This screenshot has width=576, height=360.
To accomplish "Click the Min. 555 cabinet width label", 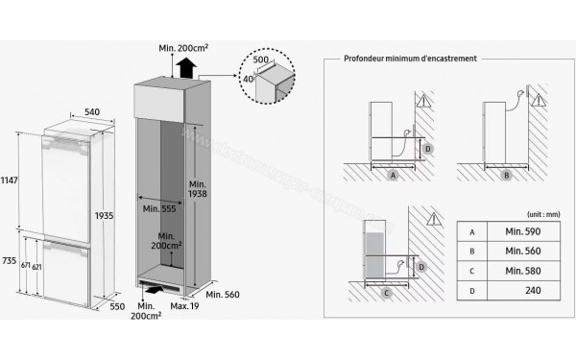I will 158,207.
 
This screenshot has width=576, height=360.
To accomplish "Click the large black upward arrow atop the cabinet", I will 184,65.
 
